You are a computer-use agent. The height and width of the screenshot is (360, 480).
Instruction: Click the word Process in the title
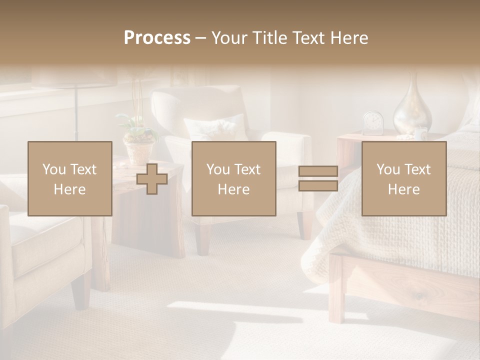click(157, 38)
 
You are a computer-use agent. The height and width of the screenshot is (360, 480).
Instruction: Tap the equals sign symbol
click(318, 179)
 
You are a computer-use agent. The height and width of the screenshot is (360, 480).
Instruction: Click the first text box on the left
click(69, 178)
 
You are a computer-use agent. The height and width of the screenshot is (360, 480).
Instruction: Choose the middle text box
click(233, 178)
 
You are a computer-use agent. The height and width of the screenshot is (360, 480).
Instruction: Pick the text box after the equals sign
click(403, 178)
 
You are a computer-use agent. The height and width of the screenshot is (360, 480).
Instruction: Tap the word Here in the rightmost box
click(403, 189)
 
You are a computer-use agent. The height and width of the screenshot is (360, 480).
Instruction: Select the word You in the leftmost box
click(52, 169)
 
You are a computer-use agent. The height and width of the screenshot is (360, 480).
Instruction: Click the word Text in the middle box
click(246, 169)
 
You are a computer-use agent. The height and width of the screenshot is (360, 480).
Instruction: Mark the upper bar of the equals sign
click(318, 171)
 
